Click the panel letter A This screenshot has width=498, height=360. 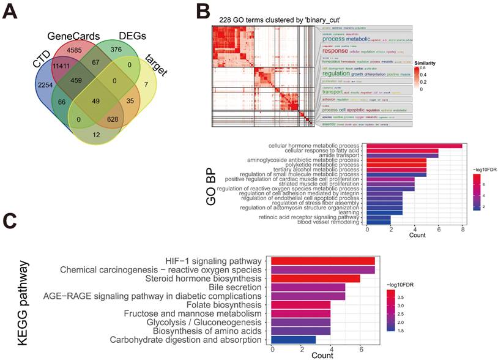pyautogui.click(x=10, y=13)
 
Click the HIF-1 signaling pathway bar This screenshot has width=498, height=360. pyautogui.click(x=322, y=261)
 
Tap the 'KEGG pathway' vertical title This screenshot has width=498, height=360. pyautogui.click(x=23, y=303)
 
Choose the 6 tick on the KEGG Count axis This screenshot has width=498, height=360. pyautogui.click(x=360, y=350)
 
